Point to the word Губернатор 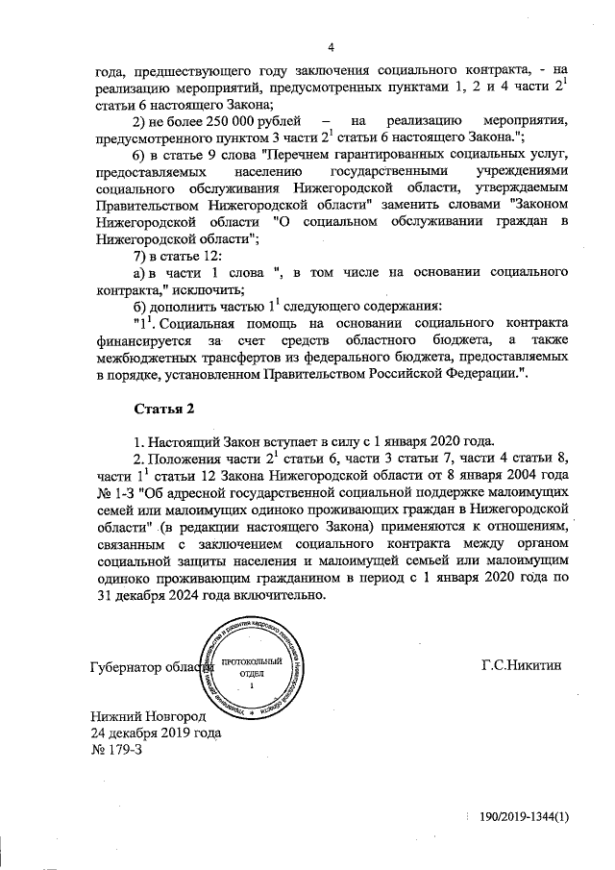pos(125,667)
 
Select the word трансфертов pos(253,359)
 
